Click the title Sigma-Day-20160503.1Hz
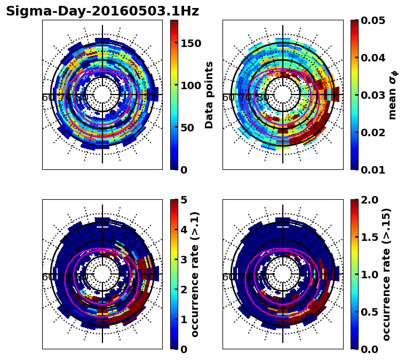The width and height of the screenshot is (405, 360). tap(102, 11)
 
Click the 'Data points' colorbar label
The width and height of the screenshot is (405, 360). tap(209, 95)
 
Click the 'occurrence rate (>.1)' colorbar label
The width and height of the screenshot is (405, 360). tap(195, 275)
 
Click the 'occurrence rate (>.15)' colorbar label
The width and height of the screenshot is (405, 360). tap(386, 275)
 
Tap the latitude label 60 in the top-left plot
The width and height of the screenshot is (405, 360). tap(47, 98)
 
